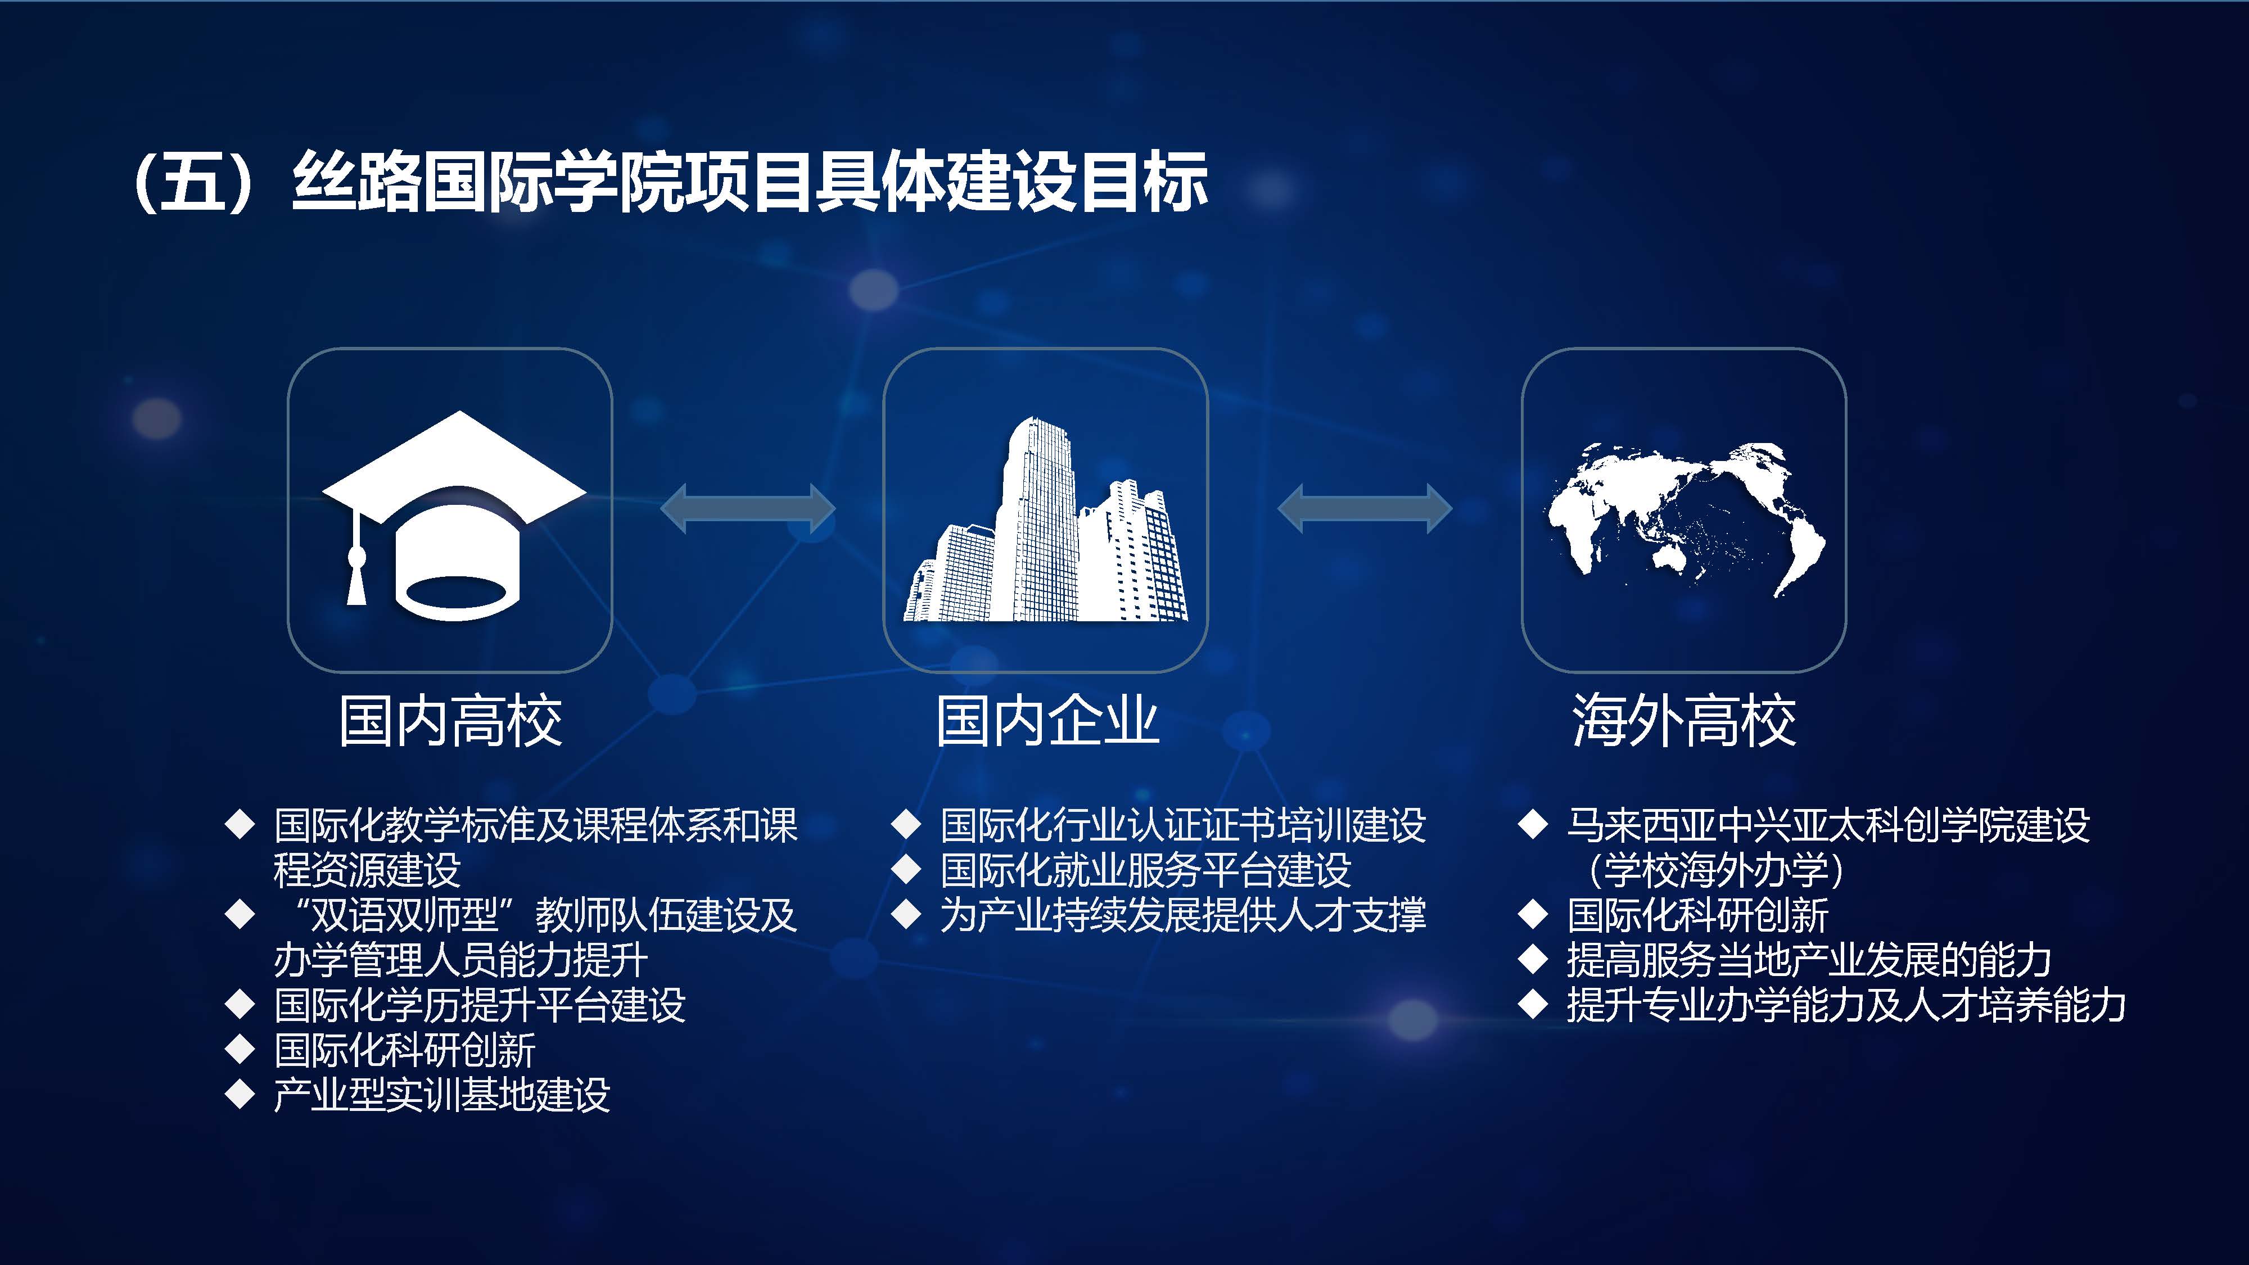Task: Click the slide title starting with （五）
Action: coord(671,182)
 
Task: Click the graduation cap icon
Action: coord(454,515)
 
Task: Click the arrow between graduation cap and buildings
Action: coord(748,508)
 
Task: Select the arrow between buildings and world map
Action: coord(1365,508)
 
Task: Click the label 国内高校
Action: coord(450,721)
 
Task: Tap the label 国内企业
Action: coord(1047,721)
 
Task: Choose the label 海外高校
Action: coord(1684,721)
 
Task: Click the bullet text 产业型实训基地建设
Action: coord(442,1095)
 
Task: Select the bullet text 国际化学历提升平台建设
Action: coord(480,1005)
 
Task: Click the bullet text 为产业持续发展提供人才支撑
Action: coord(1183,915)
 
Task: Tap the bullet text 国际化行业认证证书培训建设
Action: coord(1183,825)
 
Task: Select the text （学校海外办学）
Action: coord(1715,870)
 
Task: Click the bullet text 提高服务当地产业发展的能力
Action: coord(1809,960)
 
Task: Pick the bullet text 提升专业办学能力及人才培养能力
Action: coord(1846,1005)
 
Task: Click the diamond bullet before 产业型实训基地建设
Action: coord(239,1094)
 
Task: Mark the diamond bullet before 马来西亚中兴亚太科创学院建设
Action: coord(1533,824)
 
